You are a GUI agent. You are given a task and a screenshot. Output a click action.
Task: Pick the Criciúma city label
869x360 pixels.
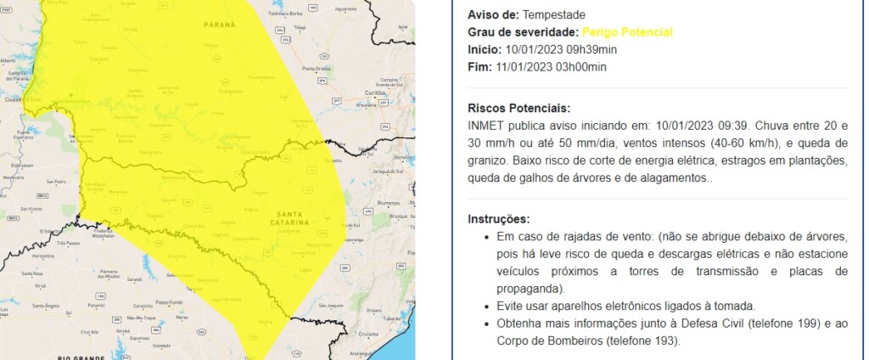[391, 335]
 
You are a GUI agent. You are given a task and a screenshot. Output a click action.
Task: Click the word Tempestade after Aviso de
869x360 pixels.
[553, 15]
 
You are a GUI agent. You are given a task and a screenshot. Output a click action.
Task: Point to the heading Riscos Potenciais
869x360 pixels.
[519, 109]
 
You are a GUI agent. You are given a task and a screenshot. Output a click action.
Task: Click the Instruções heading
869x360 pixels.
[499, 219]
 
